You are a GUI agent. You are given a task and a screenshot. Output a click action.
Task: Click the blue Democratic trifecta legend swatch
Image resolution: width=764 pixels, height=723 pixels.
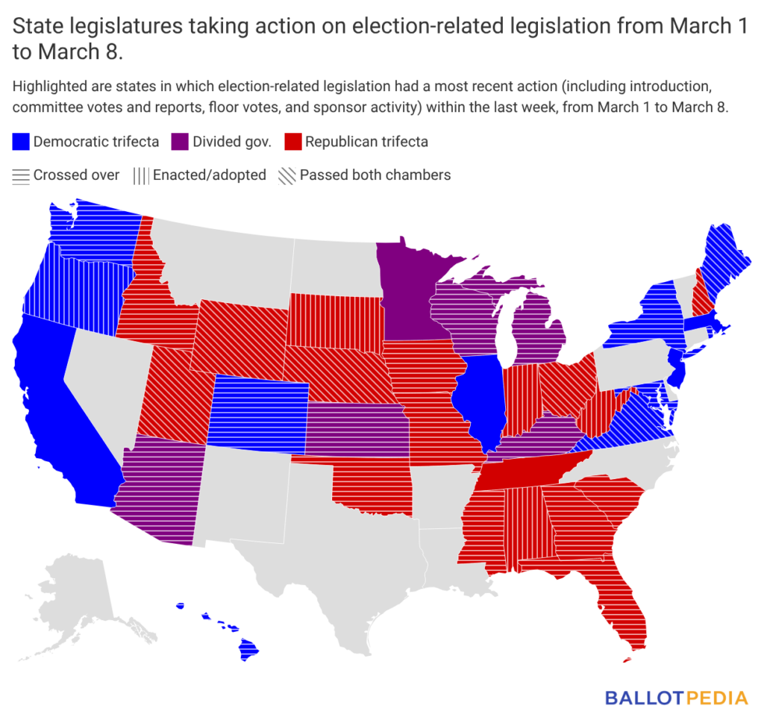(21, 142)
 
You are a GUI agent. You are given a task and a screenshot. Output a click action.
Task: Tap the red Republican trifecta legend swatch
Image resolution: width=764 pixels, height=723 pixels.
(292, 142)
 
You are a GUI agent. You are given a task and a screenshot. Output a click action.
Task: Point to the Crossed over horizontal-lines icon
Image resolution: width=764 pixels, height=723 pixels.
(21, 175)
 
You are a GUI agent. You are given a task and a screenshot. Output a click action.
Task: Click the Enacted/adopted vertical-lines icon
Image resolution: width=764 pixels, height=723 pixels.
(140, 175)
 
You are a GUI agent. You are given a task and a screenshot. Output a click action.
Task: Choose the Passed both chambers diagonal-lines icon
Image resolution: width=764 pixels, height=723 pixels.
(287, 175)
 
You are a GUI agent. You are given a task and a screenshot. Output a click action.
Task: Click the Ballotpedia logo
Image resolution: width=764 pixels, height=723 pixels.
(675, 698)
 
